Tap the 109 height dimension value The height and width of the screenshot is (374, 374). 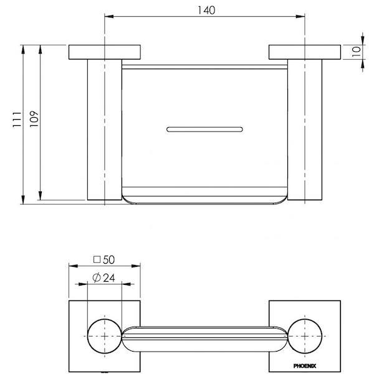(34, 120)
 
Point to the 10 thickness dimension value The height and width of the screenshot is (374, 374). (356, 51)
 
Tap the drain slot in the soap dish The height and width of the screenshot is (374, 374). (204, 129)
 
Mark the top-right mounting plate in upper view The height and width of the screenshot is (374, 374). (304, 52)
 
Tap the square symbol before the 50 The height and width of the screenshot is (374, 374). (97, 259)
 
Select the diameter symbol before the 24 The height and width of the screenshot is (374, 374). (97, 279)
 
